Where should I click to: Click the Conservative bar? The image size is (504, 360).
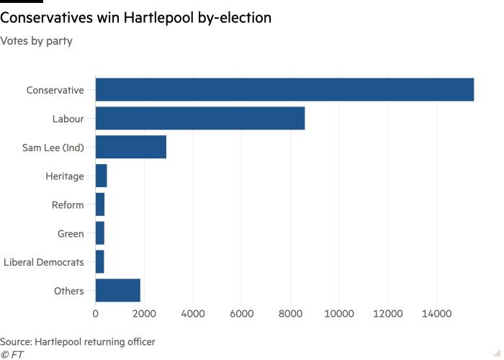(284, 89)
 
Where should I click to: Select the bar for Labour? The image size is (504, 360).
(199, 118)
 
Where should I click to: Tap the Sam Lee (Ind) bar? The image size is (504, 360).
(130, 147)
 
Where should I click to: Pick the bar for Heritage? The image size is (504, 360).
(101, 176)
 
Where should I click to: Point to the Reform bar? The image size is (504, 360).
(99, 204)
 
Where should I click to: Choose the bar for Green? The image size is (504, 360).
(99, 233)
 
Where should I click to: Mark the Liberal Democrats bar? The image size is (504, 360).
(99, 262)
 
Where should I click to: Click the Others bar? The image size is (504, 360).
(117, 291)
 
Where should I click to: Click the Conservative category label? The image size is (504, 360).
(55, 90)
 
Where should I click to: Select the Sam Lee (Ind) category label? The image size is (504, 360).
(53, 148)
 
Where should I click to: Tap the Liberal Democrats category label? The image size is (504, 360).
(44, 263)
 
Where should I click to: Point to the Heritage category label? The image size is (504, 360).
(65, 176)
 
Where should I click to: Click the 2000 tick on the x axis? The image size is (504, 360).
(144, 314)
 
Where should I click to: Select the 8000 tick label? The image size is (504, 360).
(290, 314)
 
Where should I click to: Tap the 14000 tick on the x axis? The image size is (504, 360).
(436, 314)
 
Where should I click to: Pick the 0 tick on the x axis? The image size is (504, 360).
(96, 314)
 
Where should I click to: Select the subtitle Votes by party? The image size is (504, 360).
(36, 40)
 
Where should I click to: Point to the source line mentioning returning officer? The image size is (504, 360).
(78, 341)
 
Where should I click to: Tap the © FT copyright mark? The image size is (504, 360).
(12, 354)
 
